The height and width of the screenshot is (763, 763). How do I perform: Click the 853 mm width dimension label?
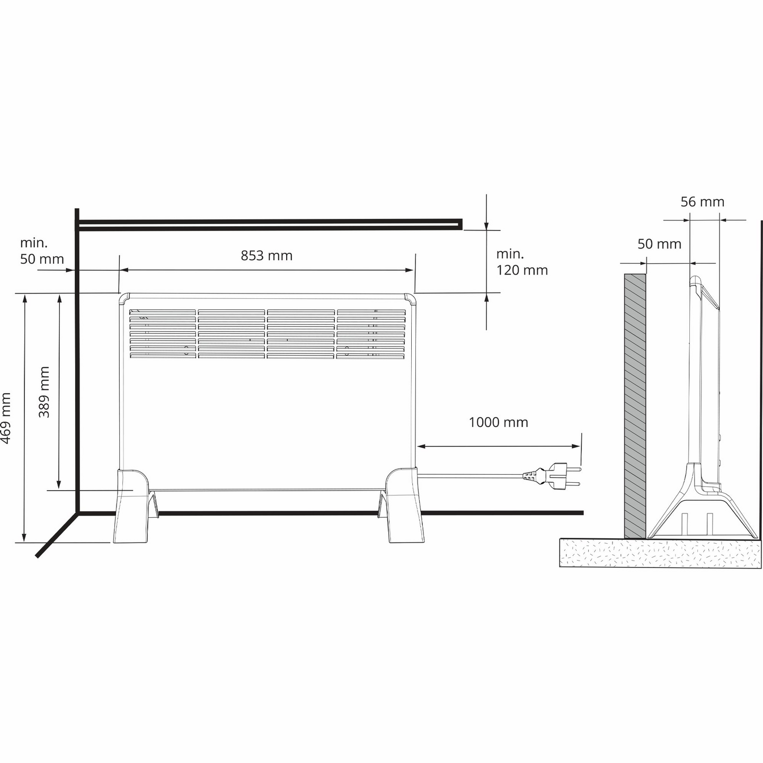click(267, 256)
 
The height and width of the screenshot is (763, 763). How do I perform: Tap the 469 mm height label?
click(6, 418)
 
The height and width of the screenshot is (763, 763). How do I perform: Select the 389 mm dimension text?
click(45, 392)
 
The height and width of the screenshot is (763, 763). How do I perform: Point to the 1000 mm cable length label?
click(498, 422)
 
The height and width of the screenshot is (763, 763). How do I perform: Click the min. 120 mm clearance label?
click(521, 262)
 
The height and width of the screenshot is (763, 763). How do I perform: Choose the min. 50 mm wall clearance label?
click(42, 251)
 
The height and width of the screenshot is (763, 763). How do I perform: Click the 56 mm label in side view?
click(702, 202)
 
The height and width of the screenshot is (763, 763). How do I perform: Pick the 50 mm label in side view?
click(659, 244)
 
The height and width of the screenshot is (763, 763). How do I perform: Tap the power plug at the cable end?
click(554, 475)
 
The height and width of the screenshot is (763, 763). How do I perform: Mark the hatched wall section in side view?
click(635, 405)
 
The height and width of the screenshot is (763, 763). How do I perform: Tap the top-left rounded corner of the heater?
click(124, 298)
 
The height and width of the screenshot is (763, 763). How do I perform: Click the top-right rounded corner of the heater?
click(410, 298)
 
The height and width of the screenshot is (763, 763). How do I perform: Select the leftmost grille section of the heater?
click(163, 334)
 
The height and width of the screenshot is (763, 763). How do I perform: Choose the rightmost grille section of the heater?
click(371, 334)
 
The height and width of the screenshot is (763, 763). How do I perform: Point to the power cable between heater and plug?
click(472, 476)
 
